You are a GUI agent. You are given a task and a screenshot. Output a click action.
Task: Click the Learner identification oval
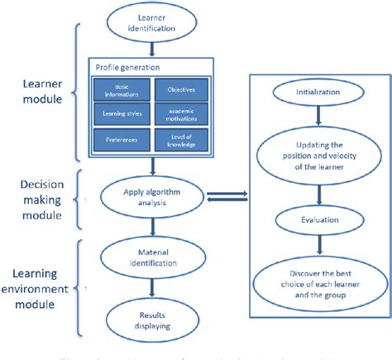155,23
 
